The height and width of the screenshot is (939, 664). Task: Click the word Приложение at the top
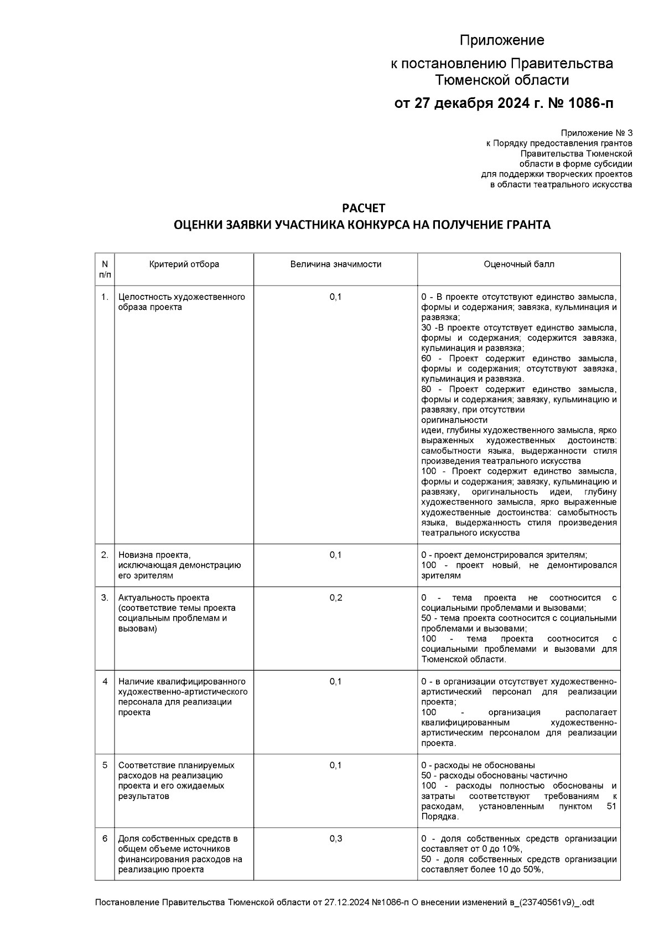point(502,40)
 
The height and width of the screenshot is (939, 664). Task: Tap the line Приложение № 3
point(596,133)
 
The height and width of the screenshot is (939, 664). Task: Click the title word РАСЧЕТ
point(363,209)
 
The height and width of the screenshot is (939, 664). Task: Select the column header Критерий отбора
point(184,264)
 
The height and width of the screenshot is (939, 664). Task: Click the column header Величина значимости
point(335,264)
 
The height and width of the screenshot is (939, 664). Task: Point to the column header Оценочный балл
point(518,264)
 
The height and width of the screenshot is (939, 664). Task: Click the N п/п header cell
point(105,269)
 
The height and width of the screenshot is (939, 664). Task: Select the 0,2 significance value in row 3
point(335,598)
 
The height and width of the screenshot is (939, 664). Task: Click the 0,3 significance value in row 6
point(335,839)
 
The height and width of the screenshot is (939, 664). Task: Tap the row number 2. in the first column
point(105,555)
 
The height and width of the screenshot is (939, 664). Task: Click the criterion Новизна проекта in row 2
point(154,555)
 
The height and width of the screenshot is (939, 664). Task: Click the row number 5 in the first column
point(105,765)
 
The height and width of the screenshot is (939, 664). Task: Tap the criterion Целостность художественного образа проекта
point(181,302)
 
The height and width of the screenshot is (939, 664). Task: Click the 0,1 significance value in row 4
point(335,682)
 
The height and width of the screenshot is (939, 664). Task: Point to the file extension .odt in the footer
point(586,902)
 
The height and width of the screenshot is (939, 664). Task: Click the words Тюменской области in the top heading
point(502,80)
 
